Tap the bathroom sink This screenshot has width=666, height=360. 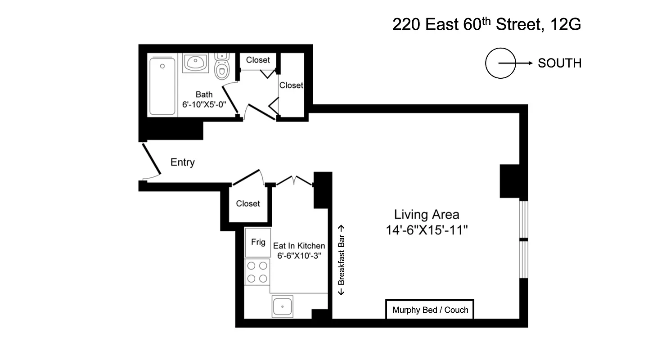[195, 63]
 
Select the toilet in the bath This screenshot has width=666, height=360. [221, 67]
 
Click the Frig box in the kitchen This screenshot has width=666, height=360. [258, 243]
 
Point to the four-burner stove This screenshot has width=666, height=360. [257, 272]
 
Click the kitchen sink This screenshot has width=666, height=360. [282, 306]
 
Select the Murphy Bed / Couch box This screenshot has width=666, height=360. [430, 310]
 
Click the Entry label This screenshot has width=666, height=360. [182, 162]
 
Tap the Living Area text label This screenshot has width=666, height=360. [427, 215]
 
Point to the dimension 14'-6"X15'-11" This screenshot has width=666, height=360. [427, 230]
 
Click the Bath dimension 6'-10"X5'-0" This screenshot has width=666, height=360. [204, 104]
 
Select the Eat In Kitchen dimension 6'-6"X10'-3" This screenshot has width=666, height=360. [299, 255]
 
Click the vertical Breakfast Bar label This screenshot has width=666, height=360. [342, 260]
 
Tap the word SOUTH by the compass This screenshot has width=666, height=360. [559, 63]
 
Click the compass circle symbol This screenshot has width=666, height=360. [500, 63]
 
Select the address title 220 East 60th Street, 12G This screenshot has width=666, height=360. [486, 24]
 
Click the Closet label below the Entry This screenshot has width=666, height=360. [248, 203]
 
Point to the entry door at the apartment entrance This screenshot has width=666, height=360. [151, 160]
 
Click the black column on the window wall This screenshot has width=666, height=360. [510, 181]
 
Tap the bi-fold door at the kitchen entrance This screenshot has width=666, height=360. [294, 180]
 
